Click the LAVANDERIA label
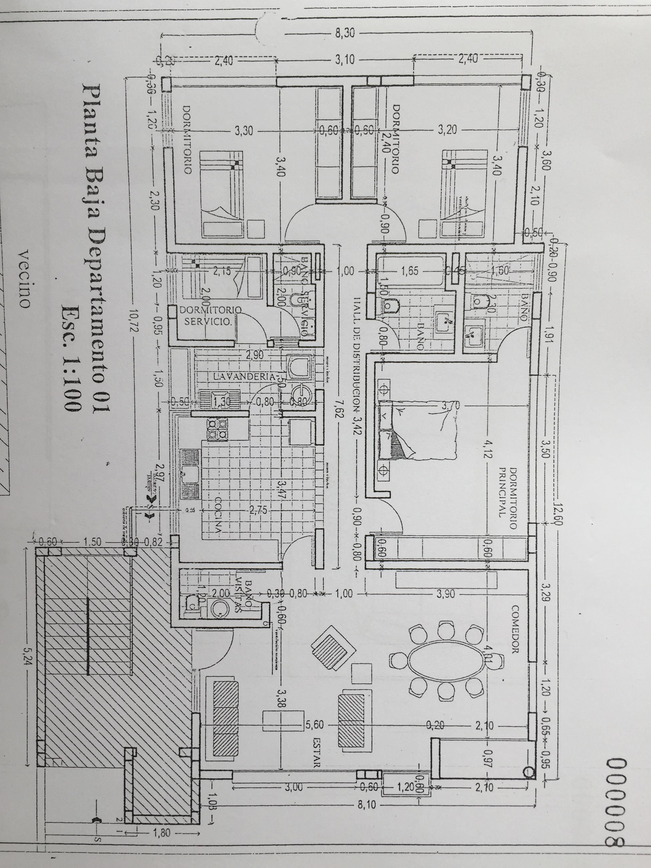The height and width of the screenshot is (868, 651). (243, 377)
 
